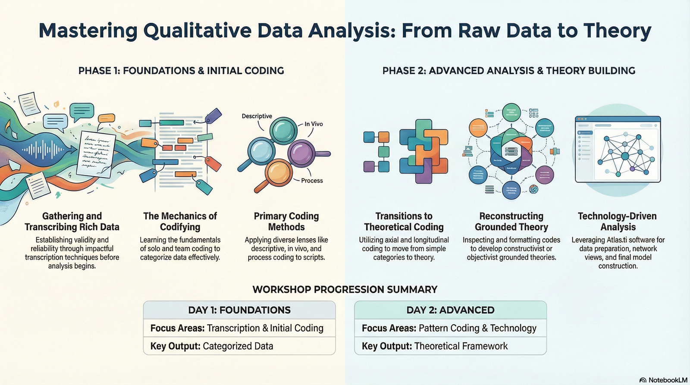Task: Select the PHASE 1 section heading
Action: (181, 71)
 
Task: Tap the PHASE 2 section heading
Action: (509, 71)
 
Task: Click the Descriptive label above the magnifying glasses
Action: (257, 116)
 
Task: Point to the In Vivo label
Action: (314, 124)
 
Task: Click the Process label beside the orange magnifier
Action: (312, 181)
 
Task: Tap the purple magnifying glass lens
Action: (301, 153)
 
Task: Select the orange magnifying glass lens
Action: (279, 172)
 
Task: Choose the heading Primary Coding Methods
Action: (286, 222)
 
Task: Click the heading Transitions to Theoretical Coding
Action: (404, 222)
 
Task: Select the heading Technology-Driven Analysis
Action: (618, 222)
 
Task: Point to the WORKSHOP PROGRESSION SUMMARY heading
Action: (345, 289)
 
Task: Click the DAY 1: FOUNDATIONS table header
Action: (239, 310)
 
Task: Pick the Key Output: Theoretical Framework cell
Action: (450, 346)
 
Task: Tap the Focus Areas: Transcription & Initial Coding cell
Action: (239, 328)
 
